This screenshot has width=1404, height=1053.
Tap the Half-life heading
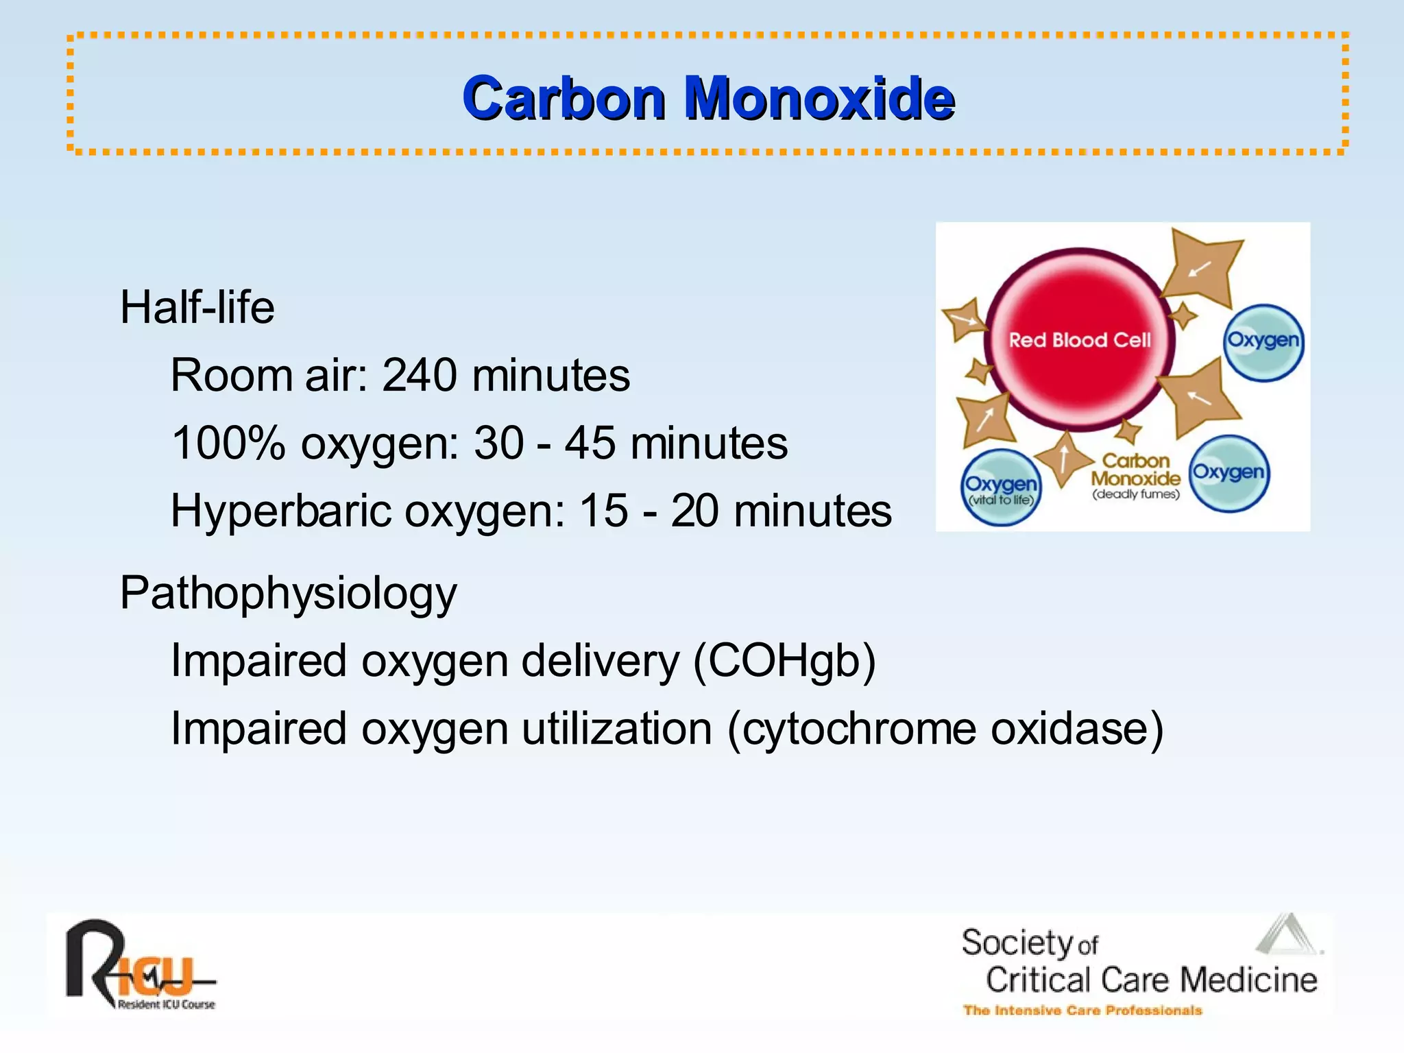point(197,306)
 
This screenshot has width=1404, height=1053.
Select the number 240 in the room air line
point(419,375)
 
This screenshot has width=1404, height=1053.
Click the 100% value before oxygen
point(228,443)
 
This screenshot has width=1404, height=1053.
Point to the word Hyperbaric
point(280,511)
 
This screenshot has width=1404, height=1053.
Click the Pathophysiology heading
point(288,593)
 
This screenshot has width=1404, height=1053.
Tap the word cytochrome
point(859,728)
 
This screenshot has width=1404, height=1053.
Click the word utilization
point(617,728)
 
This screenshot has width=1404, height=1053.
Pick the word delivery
point(600,661)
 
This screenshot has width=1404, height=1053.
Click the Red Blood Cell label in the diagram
point(1079,340)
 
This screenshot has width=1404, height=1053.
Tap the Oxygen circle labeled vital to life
point(1001,487)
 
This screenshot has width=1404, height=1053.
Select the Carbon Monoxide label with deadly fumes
point(1135,476)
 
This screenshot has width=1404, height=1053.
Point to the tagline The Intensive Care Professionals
point(1082,1010)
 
